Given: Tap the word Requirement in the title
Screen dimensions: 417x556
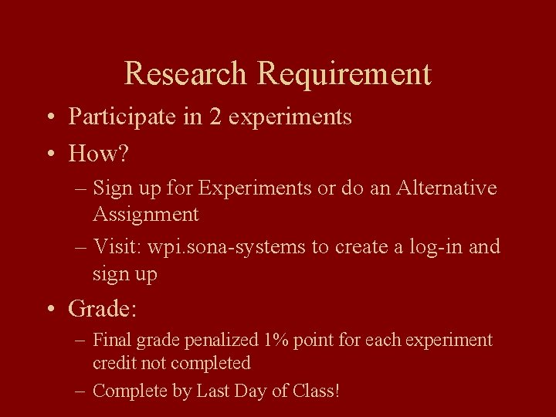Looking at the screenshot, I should pos(344,74).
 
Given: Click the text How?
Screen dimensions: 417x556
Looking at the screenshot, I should pos(98,154).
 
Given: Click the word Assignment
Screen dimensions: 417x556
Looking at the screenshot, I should pos(146,214).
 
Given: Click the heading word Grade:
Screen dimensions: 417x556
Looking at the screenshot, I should pos(102,310).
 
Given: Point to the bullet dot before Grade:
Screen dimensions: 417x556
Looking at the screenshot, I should pos(49,310).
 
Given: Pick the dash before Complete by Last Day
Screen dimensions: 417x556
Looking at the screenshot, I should pos(81,392).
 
